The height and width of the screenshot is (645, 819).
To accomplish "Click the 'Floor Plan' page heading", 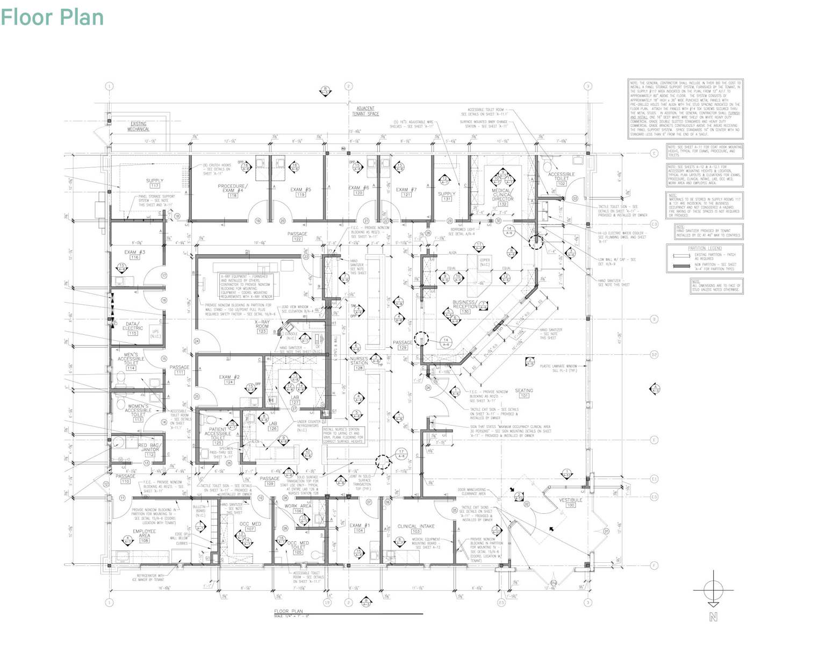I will [x=52, y=17].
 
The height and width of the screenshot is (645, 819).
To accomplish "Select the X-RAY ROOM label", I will [x=262, y=324].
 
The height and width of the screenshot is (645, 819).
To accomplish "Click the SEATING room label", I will [x=524, y=391].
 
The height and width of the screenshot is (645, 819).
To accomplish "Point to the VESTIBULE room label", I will [x=570, y=500].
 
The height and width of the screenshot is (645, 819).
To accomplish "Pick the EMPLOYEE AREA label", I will [x=144, y=534].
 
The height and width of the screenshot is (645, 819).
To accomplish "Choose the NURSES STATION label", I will [x=359, y=361].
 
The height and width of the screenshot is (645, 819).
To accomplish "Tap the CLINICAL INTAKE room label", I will [x=416, y=526].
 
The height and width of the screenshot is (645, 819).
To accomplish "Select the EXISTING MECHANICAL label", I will [x=138, y=126].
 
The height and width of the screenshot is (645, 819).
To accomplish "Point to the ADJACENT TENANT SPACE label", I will [x=365, y=111].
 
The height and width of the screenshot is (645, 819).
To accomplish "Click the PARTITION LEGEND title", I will [x=705, y=248].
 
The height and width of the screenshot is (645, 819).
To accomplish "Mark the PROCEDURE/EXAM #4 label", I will [x=232, y=188].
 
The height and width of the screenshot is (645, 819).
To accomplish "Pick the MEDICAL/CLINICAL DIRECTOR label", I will [x=502, y=195].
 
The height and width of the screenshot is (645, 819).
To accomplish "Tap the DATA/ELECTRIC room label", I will [x=133, y=326].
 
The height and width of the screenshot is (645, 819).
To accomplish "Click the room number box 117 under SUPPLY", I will [x=155, y=186].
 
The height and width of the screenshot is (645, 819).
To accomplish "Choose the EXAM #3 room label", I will [x=134, y=252].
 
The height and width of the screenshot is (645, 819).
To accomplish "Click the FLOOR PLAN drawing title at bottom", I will [x=289, y=611].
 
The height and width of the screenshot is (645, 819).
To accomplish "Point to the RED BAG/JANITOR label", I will [x=149, y=448].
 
